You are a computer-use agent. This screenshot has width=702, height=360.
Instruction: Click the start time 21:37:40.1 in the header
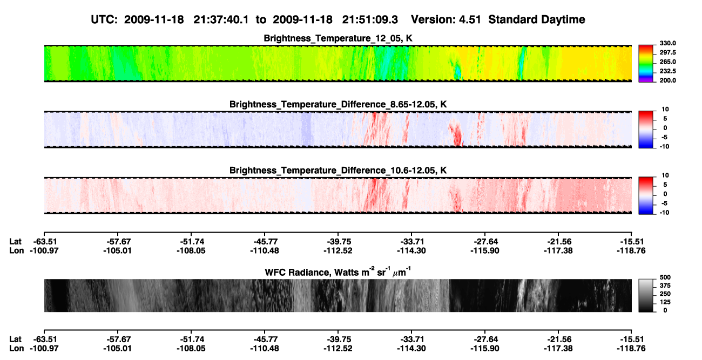coord(221,20)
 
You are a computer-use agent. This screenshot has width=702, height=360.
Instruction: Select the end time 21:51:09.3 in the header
coord(370,20)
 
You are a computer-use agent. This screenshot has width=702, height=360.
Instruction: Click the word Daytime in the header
coord(563,20)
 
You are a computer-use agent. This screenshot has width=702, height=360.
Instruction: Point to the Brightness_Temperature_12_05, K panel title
coord(338,38)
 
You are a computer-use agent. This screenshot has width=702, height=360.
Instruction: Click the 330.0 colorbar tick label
coord(667,43)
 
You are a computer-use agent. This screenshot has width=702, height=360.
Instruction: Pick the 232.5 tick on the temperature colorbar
coord(667,71)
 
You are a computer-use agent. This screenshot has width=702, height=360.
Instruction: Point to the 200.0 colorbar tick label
coord(667,80)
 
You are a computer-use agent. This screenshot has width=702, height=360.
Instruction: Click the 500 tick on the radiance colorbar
coord(665,277)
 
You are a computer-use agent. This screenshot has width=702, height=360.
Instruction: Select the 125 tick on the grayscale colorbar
coord(665,302)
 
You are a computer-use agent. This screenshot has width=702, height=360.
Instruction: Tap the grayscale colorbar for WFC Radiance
coord(646,295)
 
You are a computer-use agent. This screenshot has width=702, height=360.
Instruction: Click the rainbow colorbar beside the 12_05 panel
coord(646,64)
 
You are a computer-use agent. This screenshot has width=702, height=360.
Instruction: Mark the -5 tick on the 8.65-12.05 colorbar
coord(664,137)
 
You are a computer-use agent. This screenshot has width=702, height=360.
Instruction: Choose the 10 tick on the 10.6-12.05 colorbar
coord(665,175)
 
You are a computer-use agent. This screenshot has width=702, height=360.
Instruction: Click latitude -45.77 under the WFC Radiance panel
coord(265,339)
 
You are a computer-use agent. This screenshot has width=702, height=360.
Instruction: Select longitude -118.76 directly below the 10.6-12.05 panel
coord(631,250)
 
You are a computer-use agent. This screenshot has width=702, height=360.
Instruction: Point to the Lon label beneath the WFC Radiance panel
coord(16,349)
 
